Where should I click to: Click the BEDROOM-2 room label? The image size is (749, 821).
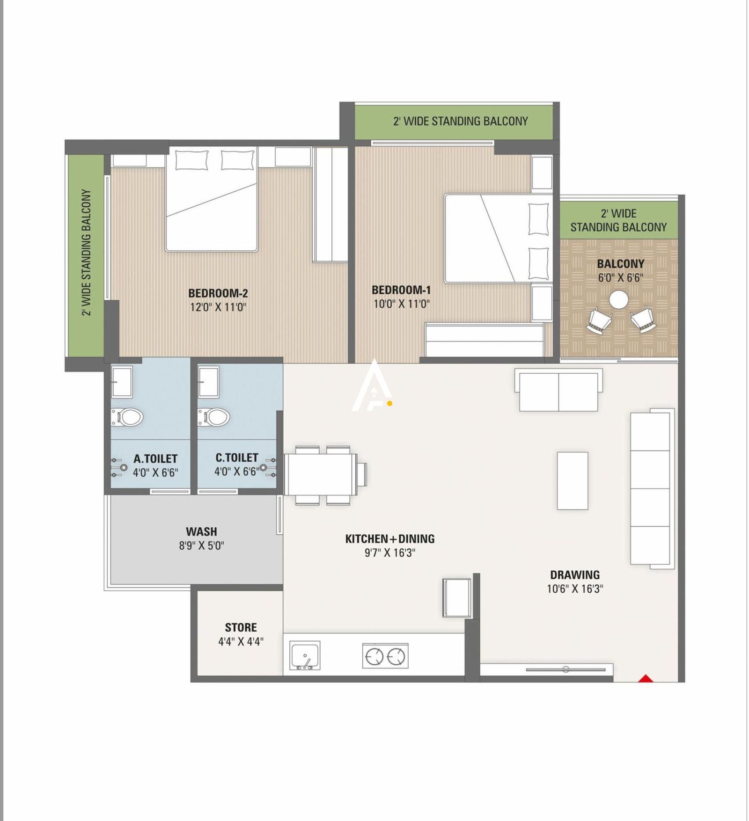click(218, 293)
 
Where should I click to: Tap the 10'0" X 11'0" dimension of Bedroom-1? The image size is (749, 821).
click(401, 304)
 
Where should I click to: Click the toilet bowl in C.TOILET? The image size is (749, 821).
click(214, 416)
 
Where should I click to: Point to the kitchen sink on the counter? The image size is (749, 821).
click(305, 655)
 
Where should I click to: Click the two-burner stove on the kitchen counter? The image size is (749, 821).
click(385, 656)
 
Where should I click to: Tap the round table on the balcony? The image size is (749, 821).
click(619, 299)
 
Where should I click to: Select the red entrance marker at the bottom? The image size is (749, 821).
click(646, 678)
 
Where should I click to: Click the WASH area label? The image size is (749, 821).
click(201, 532)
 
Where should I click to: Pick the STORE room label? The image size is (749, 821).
click(241, 628)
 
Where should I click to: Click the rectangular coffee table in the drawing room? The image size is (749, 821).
click(572, 480)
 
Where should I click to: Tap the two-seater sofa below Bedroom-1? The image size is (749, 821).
click(558, 390)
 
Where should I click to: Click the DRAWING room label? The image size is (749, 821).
click(574, 575)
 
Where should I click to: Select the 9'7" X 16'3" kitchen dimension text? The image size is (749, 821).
click(390, 553)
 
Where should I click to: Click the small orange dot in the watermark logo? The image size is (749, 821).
click(389, 403)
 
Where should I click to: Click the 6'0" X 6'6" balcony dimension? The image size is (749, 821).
click(620, 278)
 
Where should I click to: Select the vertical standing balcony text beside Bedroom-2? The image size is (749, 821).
click(87, 253)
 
